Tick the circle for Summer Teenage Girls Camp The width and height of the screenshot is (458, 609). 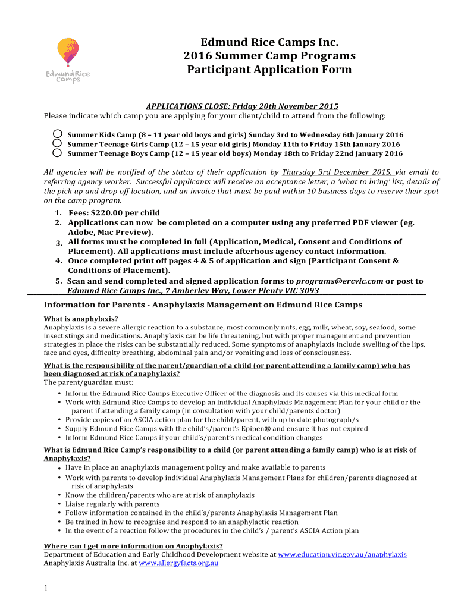tap(57, 143)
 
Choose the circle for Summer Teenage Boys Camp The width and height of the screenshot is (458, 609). tap(57, 153)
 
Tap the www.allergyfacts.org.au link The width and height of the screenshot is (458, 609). tap(178, 563)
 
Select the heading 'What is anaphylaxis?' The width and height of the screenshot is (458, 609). tap(81, 319)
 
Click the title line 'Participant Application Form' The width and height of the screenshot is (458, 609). tap(269, 70)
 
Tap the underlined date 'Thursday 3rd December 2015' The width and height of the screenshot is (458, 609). tap(332, 172)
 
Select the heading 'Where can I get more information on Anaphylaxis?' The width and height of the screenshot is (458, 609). tap(134, 546)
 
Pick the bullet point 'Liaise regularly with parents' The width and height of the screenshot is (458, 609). tap(112, 504)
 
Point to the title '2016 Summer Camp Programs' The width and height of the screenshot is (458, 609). tap(269, 56)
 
